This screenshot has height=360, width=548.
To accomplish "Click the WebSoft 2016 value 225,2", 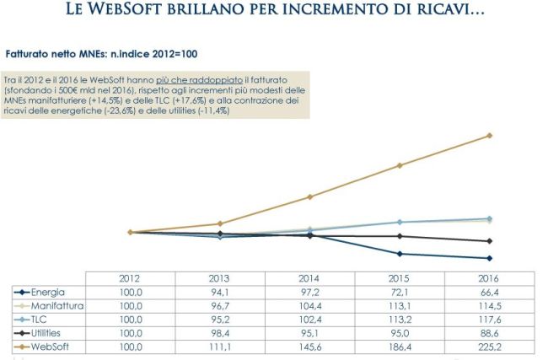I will [491, 347].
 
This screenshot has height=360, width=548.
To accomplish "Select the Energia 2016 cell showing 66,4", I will [491, 292].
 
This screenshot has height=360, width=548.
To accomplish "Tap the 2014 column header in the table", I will [310, 278].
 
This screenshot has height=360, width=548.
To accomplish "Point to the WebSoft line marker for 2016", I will [491, 135].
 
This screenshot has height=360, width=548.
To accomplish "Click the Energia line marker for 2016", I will [491, 258].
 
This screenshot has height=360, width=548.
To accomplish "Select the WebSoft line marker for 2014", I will [310, 197].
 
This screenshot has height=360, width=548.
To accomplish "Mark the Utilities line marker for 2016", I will [491, 241].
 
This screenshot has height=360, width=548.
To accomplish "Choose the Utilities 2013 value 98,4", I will [220, 333].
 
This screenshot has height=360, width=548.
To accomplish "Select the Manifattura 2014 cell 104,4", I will [310, 305].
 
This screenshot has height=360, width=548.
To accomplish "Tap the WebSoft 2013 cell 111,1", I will [220, 347].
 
